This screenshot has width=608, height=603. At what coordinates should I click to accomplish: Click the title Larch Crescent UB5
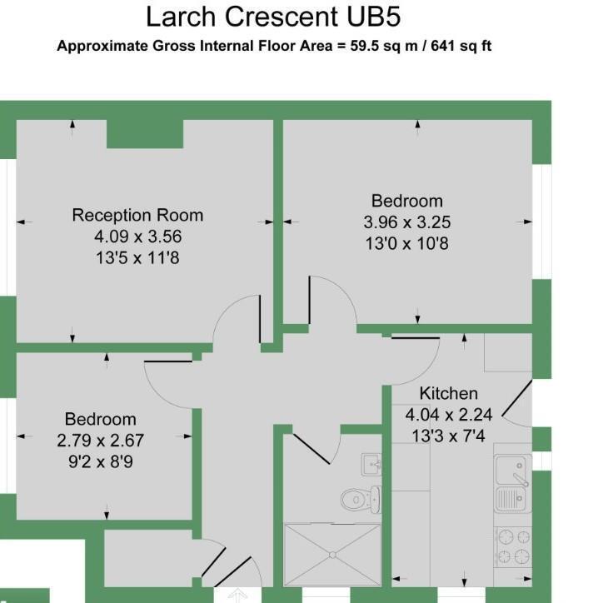tap(278, 17)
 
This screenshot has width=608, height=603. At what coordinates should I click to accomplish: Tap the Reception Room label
tap(137, 215)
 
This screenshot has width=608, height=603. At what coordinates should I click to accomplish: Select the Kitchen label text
tap(448, 393)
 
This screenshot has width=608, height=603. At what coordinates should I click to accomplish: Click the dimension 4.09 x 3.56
tap(137, 237)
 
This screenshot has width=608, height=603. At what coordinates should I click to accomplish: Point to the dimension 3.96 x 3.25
tap(406, 222)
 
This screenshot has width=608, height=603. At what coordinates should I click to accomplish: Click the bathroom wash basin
tap(371, 463)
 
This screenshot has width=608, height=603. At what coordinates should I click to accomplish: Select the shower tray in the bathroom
tap(332, 555)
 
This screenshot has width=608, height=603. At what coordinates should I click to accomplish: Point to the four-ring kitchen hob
tap(513, 547)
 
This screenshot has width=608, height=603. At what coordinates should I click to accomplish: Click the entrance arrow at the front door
tap(238, 595)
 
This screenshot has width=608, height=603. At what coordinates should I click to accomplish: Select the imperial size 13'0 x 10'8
tap(406, 244)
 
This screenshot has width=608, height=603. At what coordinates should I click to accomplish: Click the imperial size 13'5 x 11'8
tap(137, 258)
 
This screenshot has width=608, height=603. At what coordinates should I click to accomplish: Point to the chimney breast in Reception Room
tap(145, 133)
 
